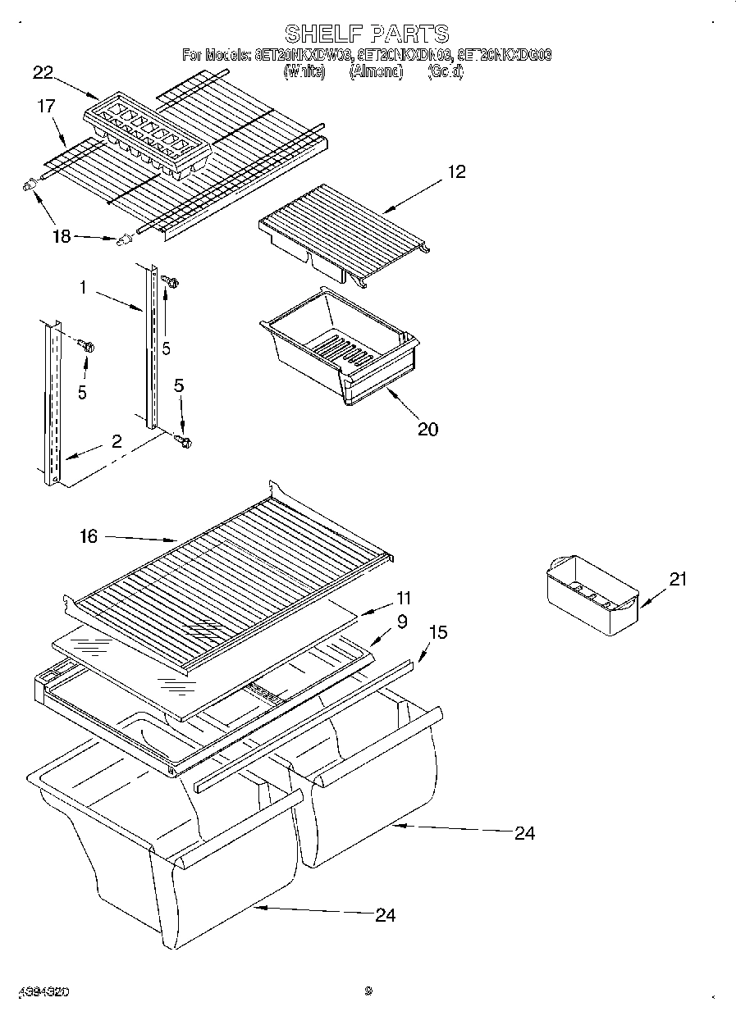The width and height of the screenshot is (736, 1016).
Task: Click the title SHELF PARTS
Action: coord(367,34)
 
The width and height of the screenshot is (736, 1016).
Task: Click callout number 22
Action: coord(43,73)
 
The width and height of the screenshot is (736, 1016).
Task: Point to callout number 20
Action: coord(427,428)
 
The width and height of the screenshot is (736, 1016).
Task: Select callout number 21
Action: coord(678,579)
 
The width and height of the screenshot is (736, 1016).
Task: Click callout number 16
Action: coord(88,536)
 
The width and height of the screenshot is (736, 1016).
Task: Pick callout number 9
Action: coord(401,622)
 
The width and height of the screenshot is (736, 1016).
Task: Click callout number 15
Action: coord(439,632)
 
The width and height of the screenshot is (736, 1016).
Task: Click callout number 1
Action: coord(84,288)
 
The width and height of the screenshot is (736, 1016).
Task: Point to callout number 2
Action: coord(117,441)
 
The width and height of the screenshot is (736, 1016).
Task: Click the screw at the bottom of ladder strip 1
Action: coord(185,442)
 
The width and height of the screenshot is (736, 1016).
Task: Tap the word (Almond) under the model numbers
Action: coord(376,72)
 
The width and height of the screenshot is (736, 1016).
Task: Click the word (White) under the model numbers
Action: coord(304,72)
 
